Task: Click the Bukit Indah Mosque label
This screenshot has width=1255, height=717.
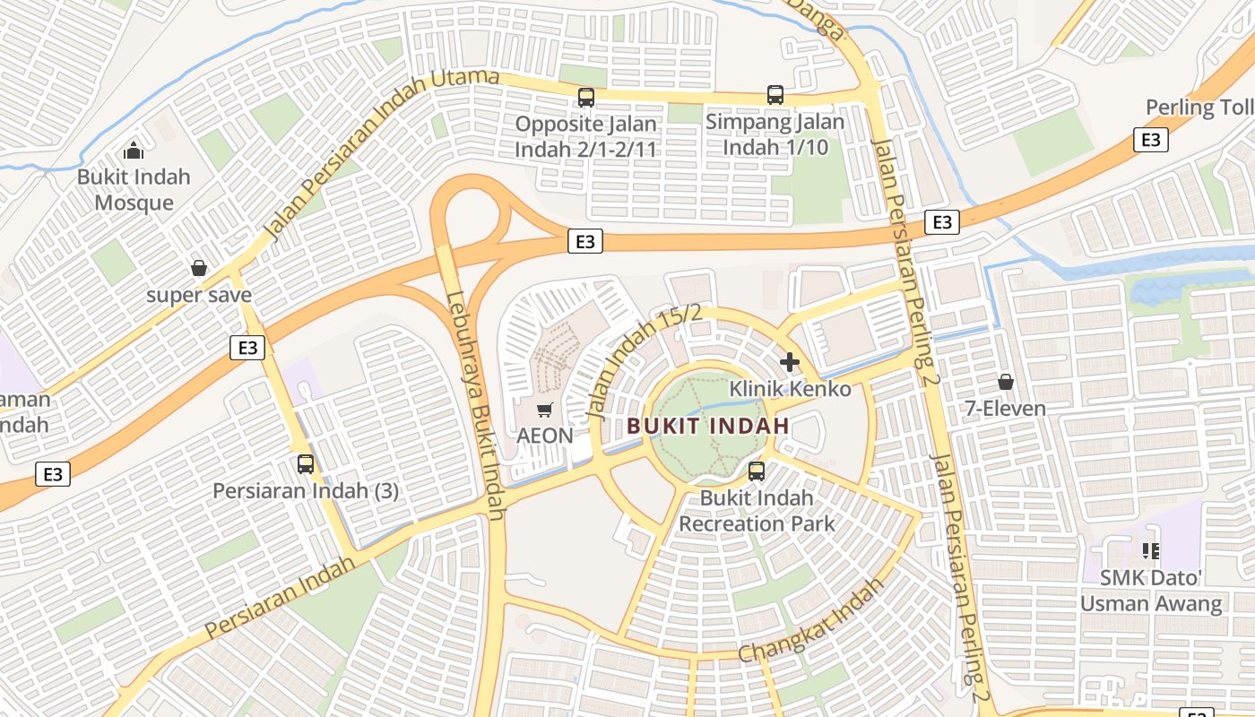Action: (134, 189)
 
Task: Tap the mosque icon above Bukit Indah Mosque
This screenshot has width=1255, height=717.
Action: (134, 150)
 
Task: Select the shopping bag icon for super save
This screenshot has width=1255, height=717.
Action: (199, 268)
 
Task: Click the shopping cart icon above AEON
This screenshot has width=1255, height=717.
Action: (544, 410)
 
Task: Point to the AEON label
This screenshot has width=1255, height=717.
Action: (544, 436)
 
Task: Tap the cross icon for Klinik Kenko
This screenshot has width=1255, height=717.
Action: (790, 362)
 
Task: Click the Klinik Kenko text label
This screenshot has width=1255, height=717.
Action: (790, 389)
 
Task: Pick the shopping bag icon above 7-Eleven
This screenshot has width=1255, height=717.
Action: (1006, 382)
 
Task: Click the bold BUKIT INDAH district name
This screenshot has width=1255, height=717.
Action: (708, 426)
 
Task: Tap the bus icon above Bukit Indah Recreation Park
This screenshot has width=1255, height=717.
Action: (757, 471)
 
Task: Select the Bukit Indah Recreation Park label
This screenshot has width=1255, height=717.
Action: (757, 511)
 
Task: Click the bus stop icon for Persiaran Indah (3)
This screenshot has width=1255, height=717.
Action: (306, 464)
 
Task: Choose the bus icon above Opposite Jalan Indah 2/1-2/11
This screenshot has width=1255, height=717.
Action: (586, 98)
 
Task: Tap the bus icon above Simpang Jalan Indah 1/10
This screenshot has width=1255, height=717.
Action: (775, 95)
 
